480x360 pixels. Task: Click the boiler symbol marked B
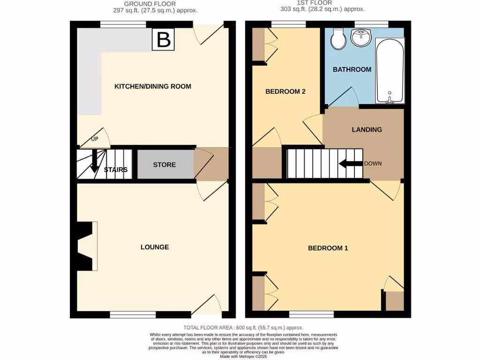pos(163,39)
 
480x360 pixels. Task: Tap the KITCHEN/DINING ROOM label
pos(153,86)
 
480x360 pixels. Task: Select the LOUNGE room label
pos(155,247)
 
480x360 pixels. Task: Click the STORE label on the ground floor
pos(165,165)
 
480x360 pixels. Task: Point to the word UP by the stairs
pos(95,139)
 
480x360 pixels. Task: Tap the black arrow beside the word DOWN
pos(350,164)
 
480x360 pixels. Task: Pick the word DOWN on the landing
pos(373,164)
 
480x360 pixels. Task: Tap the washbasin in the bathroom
pos(361,37)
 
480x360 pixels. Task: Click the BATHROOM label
pos(352,69)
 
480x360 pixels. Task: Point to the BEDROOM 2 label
pos(285,91)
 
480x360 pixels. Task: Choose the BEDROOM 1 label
pos(328,248)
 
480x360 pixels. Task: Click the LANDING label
pos(367,129)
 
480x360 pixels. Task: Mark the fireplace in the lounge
pos(86,246)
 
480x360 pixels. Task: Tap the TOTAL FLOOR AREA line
pos(243,328)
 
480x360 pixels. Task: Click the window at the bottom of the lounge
pos(133,315)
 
